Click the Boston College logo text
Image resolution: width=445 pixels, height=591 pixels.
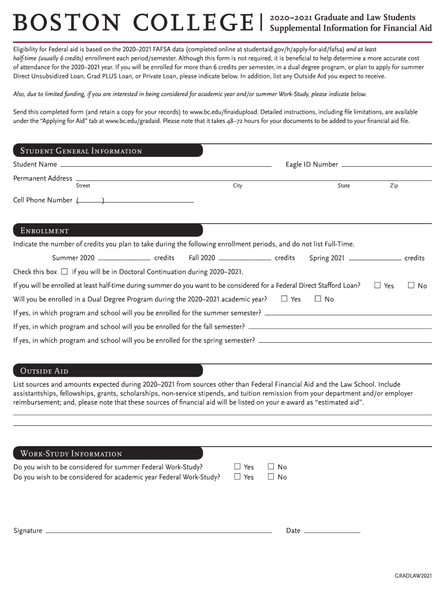click(x=133, y=24)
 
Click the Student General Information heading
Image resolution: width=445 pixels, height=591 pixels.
click(x=81, y=151)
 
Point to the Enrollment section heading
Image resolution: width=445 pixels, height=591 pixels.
click(x=44, y=231)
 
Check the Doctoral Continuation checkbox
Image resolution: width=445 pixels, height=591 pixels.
click(x=64, y=271)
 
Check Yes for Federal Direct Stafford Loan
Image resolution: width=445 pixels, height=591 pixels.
click(x=377, y=285)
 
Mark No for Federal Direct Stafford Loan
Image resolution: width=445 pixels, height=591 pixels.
click(x=411, y=285)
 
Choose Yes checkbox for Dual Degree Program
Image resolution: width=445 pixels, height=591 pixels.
click(x=284, y=298)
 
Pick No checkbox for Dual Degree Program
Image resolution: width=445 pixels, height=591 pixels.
click(x=318, y=298)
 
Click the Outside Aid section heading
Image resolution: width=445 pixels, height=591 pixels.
click(x=44, y=371)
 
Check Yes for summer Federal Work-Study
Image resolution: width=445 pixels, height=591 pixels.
click(x=237, y=466)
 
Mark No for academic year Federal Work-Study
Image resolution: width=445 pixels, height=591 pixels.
click(x=271, y=477)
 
